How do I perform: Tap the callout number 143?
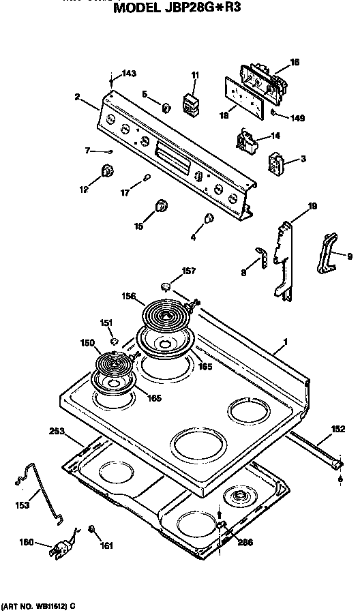pyautogui.click(x=129, y=74)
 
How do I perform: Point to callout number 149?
pyautogui.click(x=297, y=117)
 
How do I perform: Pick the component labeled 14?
pyautogui.click(x=247, y=141)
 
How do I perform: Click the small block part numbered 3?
pyautogui.click(x=276, y=164)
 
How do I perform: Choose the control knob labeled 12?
pyautogui.click(x=106, y=172)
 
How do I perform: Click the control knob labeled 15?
pyautogui.click(x=161, y=207)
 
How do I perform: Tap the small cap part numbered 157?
pyautogui.click(x=168, y=285)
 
